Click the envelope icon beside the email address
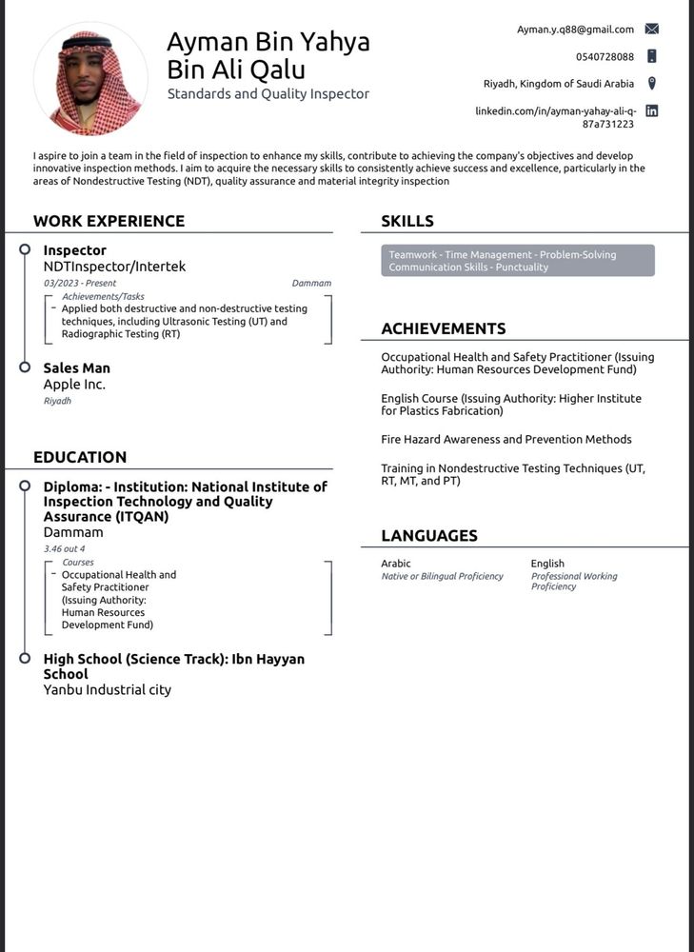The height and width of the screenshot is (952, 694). click(x=652, y=30)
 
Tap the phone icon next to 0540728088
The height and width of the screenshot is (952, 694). click(x=652, y=56)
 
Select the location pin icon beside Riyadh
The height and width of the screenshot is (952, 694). click(x=652, y=84)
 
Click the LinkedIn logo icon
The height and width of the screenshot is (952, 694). click(x=652, y=110)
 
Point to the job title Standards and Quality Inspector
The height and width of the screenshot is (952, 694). click(x=268, y=94)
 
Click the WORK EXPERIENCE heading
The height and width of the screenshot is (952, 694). click(x=109, y=221)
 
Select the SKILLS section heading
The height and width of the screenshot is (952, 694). click(x=407, y=221)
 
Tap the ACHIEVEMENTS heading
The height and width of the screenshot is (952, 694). click(x=444, y=328)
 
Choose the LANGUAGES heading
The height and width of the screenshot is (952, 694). click(x=429, y=536)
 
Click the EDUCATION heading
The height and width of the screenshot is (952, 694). click(x=80, y=457)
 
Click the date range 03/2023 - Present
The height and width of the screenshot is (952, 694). click(x=80, y=284)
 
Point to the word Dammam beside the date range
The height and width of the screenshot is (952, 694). click(x=311, y=284)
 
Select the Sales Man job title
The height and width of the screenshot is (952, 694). click(x=77, y=367)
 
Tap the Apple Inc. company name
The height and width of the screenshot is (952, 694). click(x=74, y=385)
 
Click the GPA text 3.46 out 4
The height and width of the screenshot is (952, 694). click(x=64, y=549)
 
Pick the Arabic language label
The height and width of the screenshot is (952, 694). click(x=396, y=564)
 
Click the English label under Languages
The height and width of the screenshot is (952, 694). click(x=547, y=564)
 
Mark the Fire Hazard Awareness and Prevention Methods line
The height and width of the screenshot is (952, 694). click(x=506, y=440)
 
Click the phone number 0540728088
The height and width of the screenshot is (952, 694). click(x=605, y=57)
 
